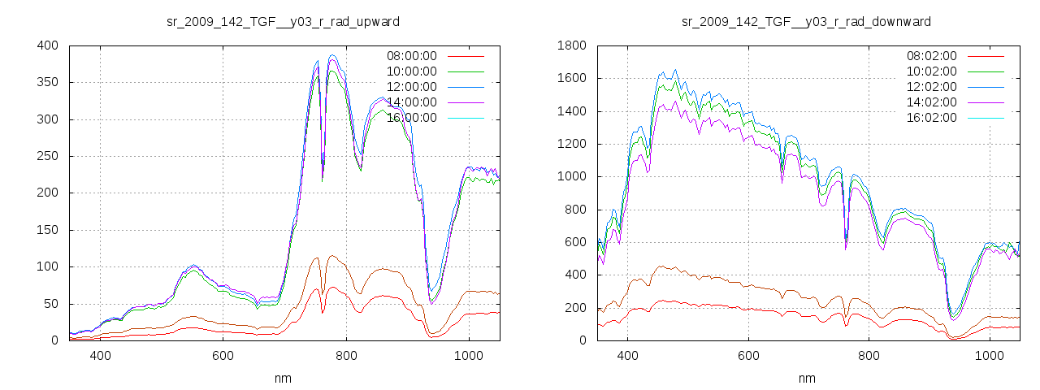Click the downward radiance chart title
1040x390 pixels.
806,21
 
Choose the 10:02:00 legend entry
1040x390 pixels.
932,71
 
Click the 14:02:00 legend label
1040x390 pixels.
932,102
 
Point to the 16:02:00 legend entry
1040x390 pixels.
932,118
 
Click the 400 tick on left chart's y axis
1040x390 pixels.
47,45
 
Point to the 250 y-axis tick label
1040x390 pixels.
47,156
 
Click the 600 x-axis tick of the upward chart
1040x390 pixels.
223,356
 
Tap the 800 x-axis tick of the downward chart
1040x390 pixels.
869,356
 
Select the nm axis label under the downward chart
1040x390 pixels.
806,378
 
